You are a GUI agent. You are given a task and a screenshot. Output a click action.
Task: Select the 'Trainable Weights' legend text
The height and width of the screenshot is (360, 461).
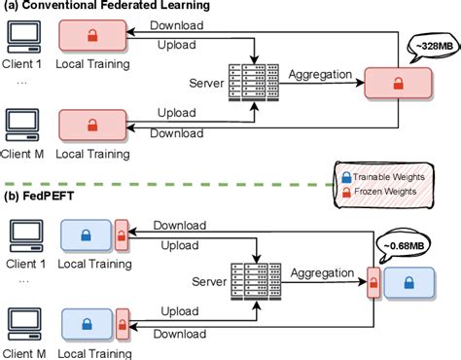pyautogui.click(x=399, y=175)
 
